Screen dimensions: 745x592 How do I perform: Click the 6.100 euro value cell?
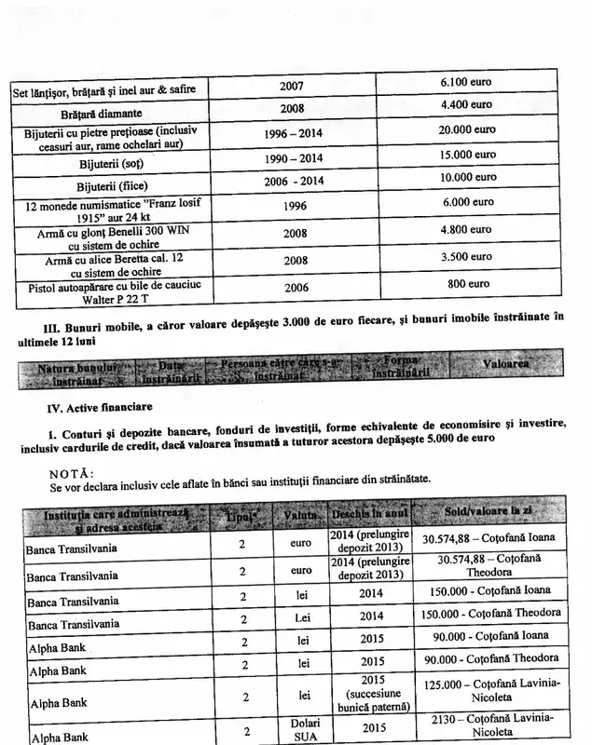pos(466,83)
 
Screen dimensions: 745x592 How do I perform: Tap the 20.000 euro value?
pos(466,129)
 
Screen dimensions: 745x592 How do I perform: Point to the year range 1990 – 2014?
pos(293,158)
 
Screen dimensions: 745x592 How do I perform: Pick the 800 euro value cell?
pos(466,283)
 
